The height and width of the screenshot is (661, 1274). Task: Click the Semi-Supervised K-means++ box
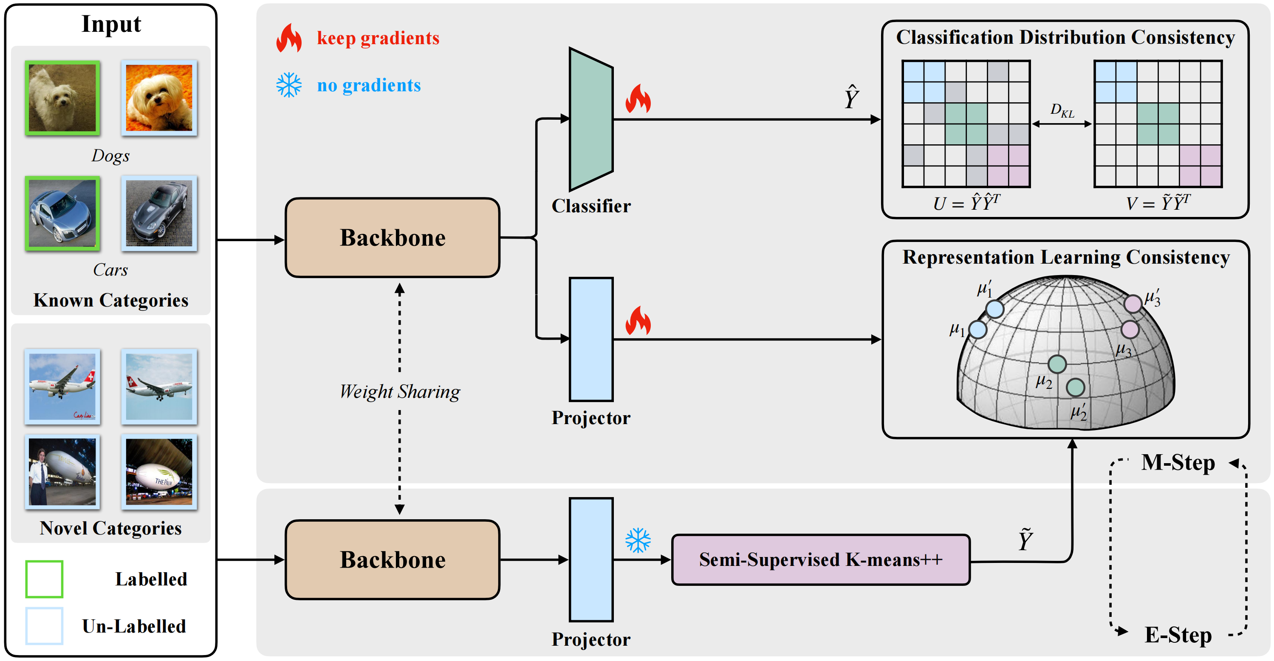pyautogui.click(x=820, y=560)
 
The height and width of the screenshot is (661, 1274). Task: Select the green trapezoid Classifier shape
pyautogui.click(x=591, y=119)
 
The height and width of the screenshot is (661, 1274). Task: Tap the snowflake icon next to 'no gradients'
pyautogui.click(x=289, y=85)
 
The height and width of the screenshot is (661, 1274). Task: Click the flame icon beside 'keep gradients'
pyautogui.click(x=289, y=38)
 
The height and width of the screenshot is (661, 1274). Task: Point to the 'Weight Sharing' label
pyautogui.click(x=400, y=391)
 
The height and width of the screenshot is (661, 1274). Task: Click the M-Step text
pyautogui.click(x=1178, y=463)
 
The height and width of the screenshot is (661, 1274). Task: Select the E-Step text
pyautogui.click(x=1178, y=635)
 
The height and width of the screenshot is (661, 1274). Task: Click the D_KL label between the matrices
pyautogui.click(x=1062, y=110)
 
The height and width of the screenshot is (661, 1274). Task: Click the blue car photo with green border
pyautogui.click(x=62, y=213)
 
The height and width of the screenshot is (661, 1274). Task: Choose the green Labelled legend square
pyautogui.click(x=44, y=579)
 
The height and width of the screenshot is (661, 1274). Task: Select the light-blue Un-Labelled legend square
pyautogui.click(x=44, y=626)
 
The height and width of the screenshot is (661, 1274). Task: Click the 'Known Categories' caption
pyautogui.click(x=111, y=300)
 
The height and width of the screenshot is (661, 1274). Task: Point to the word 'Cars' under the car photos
pyautogui.click(x=110, y=270)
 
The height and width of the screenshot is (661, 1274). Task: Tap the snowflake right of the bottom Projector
pyautogui.click(x=638, y=540)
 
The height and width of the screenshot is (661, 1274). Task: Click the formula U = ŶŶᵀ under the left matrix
pyautogui.click(x=966, y=203)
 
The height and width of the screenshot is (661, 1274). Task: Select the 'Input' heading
pyautogui.click(x=111, y=24)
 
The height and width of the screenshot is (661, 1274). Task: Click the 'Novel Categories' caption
pyautogui.click(x=111, y=528)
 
